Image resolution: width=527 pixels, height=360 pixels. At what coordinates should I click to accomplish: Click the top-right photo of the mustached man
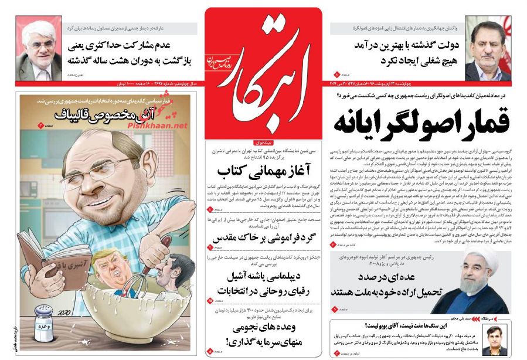pyautogui.click(x=488, y=51)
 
